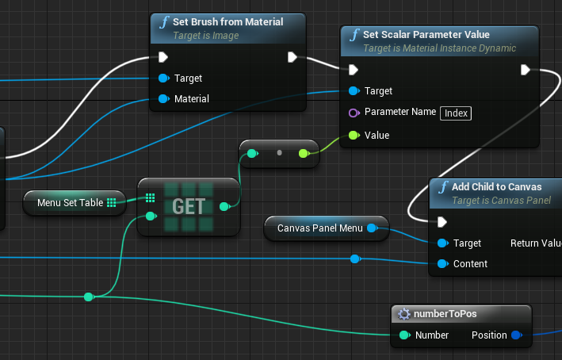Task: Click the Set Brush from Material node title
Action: point(228,22)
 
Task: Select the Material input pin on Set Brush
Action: point(164,98)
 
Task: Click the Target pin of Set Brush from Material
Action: point(164,79)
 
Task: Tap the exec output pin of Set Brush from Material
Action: point(292,57)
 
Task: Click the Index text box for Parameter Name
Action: point(456,113)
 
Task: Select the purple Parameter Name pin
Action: point(354,113)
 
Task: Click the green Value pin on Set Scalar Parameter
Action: point(354,135)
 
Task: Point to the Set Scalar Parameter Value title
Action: point(426,34)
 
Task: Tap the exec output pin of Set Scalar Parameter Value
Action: point(526,70)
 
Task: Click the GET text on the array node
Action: point(189,206)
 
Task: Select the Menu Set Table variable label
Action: point(71,202)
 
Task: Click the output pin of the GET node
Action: point(225,206)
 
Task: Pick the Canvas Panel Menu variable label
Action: point(320,228)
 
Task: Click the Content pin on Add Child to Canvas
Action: point(442,264)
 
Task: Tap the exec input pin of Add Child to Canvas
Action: point(442,222)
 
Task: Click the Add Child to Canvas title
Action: point(496,187)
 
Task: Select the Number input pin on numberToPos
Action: point(404,335)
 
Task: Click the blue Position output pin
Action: point(517,335)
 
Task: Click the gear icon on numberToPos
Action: point(404,314)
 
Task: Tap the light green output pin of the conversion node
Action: point(304,154)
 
